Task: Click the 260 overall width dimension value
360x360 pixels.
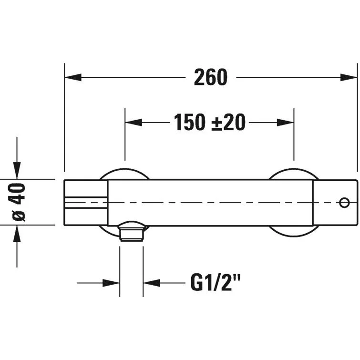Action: [211, 77]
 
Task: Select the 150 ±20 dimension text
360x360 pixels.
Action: [209, 123]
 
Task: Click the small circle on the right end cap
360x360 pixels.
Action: [344, 203]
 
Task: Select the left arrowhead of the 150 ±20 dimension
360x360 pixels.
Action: [133, 123]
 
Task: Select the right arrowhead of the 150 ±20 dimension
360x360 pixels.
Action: [286, 123]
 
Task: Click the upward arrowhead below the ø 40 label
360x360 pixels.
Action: [17, 234]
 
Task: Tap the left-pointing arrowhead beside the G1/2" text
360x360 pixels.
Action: [152, 283]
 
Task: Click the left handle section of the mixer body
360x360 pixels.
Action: [85, 203]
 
